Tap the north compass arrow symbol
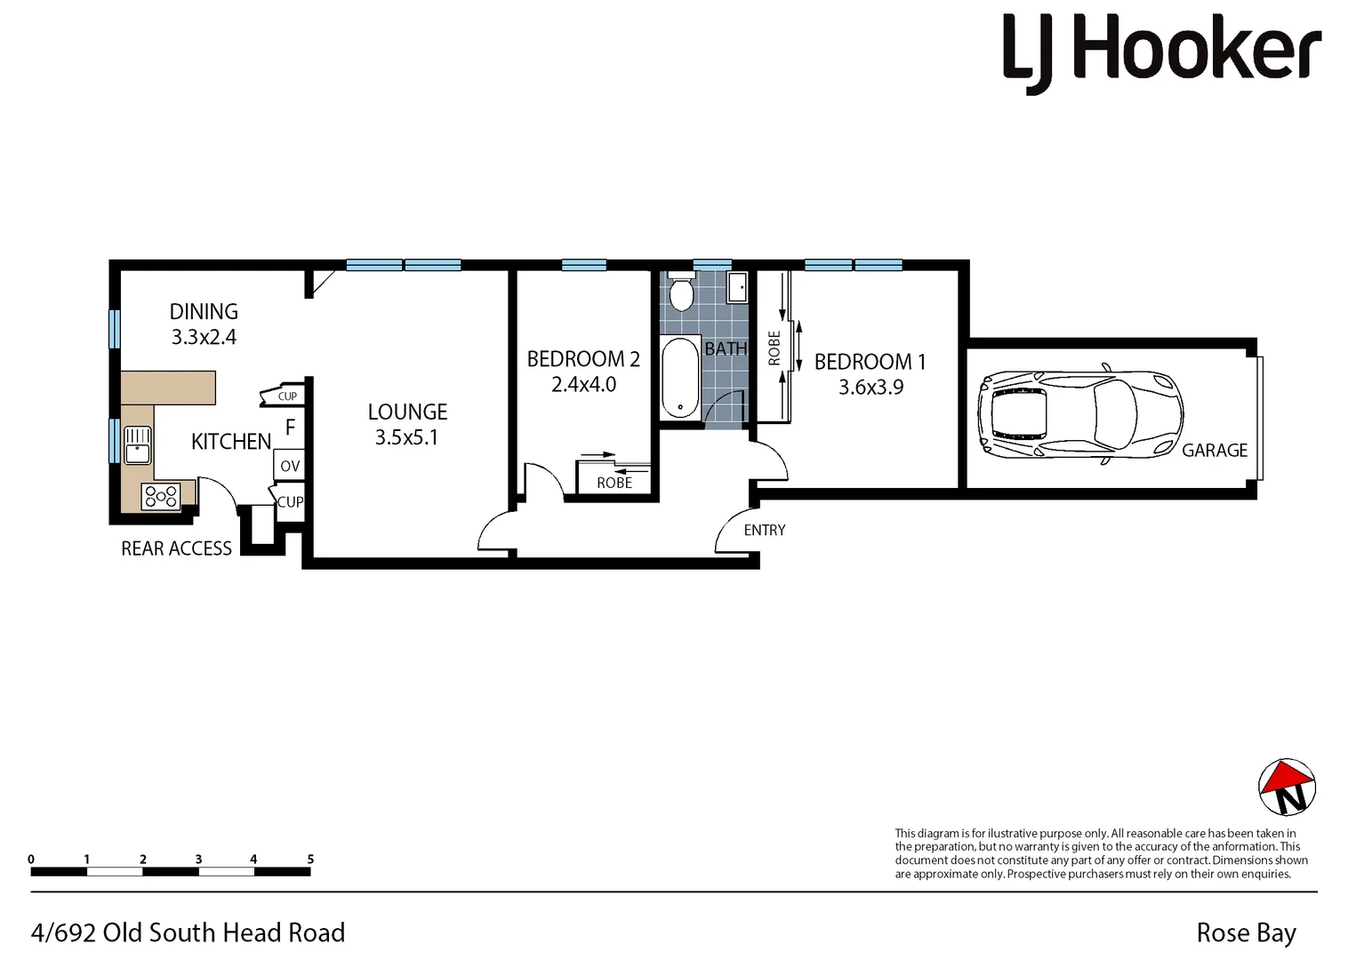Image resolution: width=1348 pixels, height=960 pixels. pyautogui.click(x=1287, y=787)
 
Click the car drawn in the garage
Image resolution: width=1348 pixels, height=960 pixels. pyautogui.click(x=1079, y=413)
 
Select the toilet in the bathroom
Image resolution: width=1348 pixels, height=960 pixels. pyautogui.click(x=681, y=292)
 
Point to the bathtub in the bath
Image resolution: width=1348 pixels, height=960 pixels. pyautogui.click(x=681, y=378)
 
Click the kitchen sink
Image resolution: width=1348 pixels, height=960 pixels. pyautogui.click(x=137, y=444)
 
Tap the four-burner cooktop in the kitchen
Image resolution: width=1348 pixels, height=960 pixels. pyautogui.click(x=161, y=496)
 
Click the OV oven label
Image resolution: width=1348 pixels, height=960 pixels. pyautogui.click(x=290, y=466)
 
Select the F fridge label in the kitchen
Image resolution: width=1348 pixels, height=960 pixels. pyautogui.click(x=290, y=428)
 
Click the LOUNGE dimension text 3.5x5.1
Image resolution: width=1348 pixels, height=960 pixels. pyautogui.click(x=406, y=437)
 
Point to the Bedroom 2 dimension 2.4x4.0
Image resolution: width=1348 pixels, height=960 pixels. pyautogui.click(x=583, y=385)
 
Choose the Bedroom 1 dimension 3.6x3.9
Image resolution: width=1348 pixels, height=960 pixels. pyautogui.click(x=871, y=388)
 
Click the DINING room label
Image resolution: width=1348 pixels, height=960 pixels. pyautogui.click(x=204, y=312)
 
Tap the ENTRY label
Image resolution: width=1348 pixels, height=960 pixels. pyautogui.click(x=765, y=530)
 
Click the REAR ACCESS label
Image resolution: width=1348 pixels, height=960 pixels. pyautogui.click(x=176, y=548)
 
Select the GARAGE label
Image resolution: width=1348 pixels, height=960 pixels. pyautogui.click(x=1215, y=451)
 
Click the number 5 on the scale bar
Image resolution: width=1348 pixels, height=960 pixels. pyautogui.click(x=310, y=860)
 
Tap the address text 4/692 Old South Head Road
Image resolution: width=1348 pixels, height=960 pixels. pyautogui.click(x=188, y=932)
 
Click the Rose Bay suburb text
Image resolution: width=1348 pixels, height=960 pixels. pyautogui.click(x=1246, y=933)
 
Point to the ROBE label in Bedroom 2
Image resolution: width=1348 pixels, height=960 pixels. pyautogui.click(x=614, y=483)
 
